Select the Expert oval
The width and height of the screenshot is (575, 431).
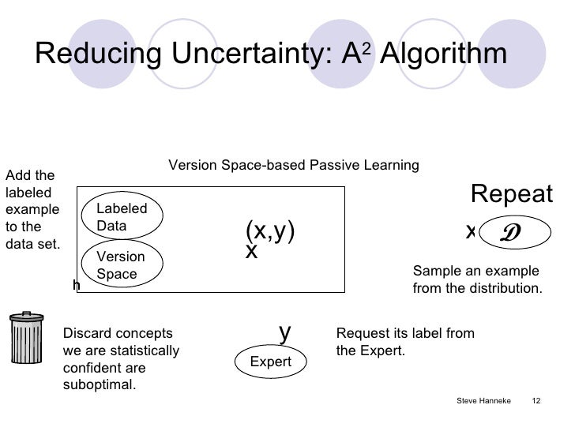(x=271, y=362)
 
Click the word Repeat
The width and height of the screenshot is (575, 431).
(x=512, y=194)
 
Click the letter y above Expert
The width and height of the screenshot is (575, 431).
(x=286, y=332)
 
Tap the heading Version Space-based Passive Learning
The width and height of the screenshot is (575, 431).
(x=294, y=165)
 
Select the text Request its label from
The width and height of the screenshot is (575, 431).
(x=405, y=333)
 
